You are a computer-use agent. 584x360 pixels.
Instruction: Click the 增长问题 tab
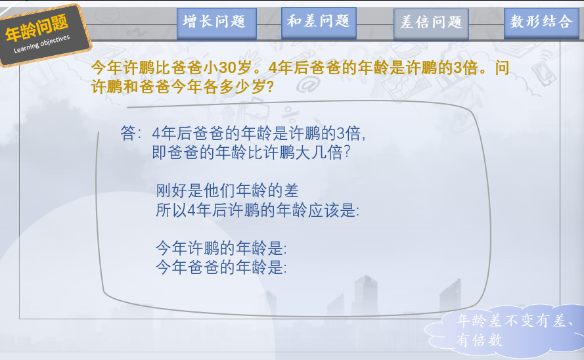point(216,24)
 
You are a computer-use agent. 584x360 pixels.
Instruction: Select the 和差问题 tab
point(319,23)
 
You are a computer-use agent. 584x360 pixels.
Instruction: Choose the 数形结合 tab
point(541,23)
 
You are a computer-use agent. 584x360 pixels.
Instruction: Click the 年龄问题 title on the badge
point(37,28)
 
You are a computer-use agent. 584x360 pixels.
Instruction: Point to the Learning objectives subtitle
point(42,44)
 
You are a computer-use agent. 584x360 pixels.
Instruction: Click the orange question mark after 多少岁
point(271,87)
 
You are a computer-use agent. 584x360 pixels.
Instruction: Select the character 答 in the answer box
point(128,133)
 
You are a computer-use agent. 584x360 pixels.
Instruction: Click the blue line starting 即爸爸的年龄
point(252,152)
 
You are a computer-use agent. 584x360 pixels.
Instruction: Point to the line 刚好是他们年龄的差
point(227,191)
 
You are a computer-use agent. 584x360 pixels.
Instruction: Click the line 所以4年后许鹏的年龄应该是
point(258,210)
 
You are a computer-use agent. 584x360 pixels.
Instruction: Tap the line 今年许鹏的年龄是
point(221,248)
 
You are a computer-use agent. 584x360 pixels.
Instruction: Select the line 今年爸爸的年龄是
point(221,267)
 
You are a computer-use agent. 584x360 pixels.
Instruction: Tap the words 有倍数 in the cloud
point(480,340)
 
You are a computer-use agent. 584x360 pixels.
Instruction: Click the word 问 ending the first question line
point(502,68)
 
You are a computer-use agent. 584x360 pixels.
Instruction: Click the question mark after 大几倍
point(347,152)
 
